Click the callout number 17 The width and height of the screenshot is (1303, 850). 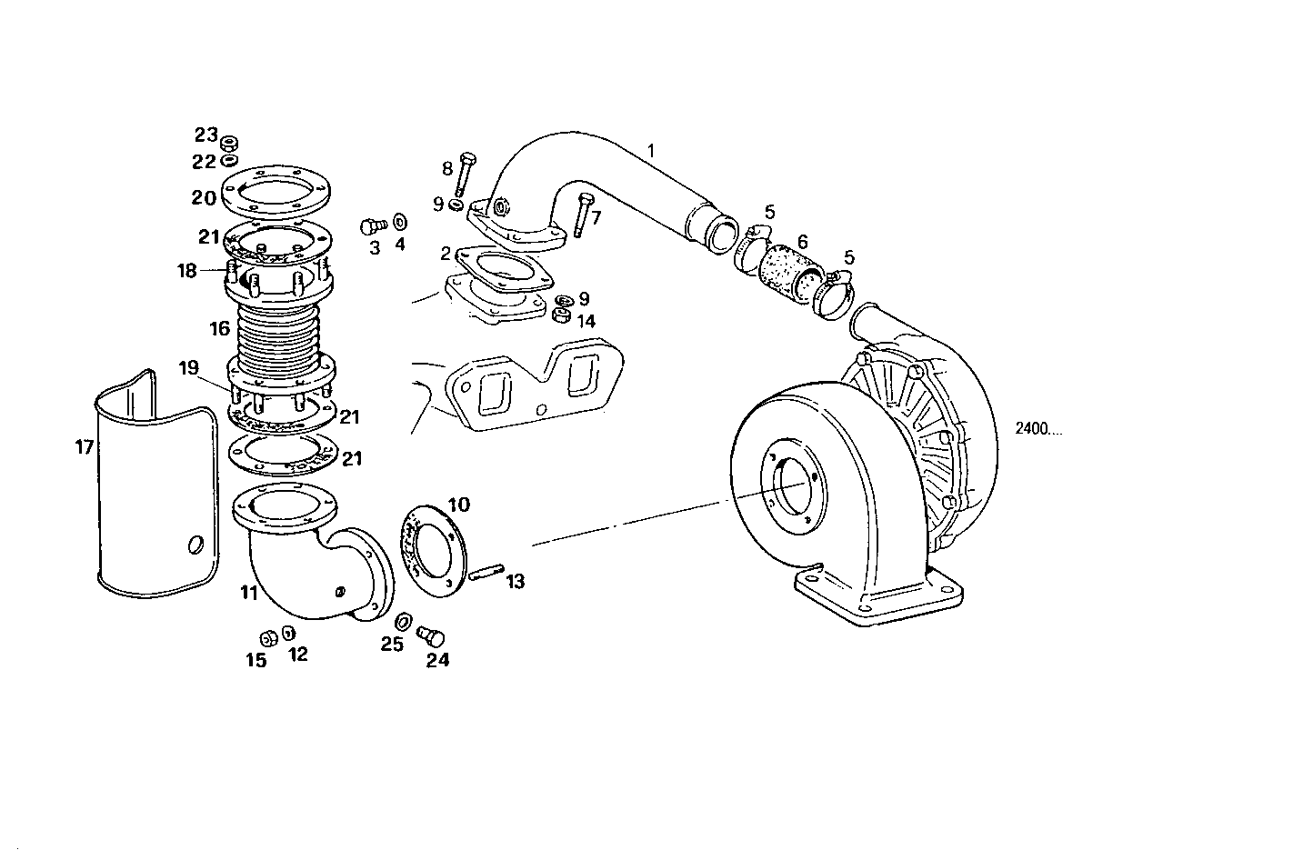(x=85, y=446)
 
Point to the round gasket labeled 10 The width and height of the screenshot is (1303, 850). (x=435, y=549)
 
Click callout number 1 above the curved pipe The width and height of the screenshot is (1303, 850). (x=650, y=148)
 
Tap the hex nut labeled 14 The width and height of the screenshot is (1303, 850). (x=561, y=315)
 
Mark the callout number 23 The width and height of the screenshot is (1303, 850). (x=205, y=135)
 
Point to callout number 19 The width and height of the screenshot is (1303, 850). (x=188, y=368)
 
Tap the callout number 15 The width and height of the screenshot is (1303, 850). (x=256, y=659)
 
